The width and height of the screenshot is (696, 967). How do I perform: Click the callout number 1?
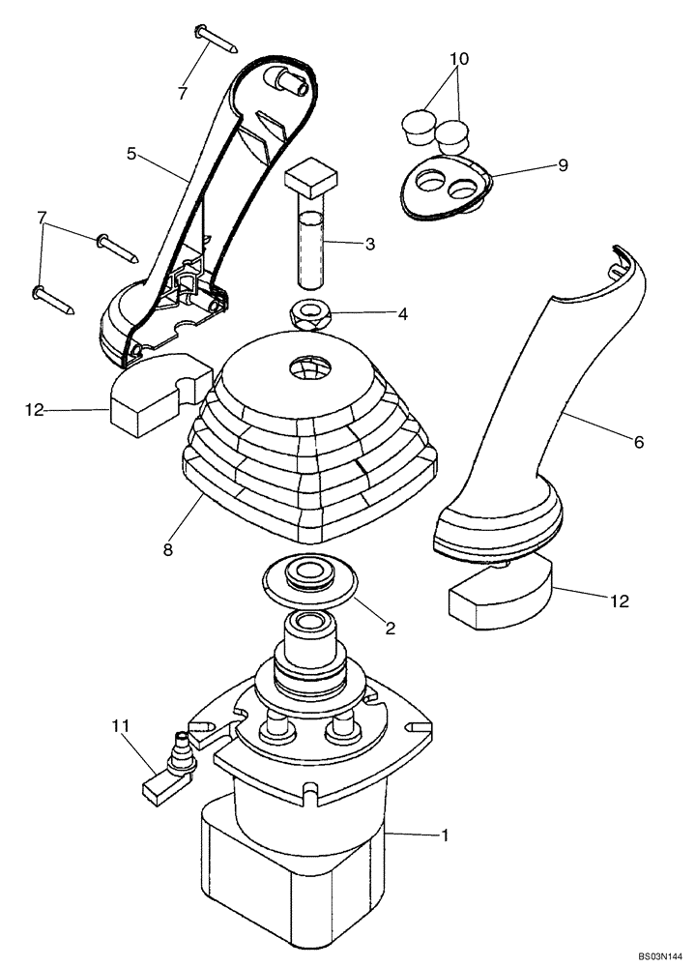pyautogui.click(x=446, y=834)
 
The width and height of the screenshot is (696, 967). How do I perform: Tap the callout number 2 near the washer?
pyautogui.click(x=391, y=628)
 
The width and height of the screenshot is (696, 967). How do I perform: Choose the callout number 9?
pyautogui.click(x=563, y=165)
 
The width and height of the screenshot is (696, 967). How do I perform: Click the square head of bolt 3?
pyautogui.click(x=309, y=177)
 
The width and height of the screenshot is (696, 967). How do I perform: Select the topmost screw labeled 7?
pyautogui.click(x=217, y=39)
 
